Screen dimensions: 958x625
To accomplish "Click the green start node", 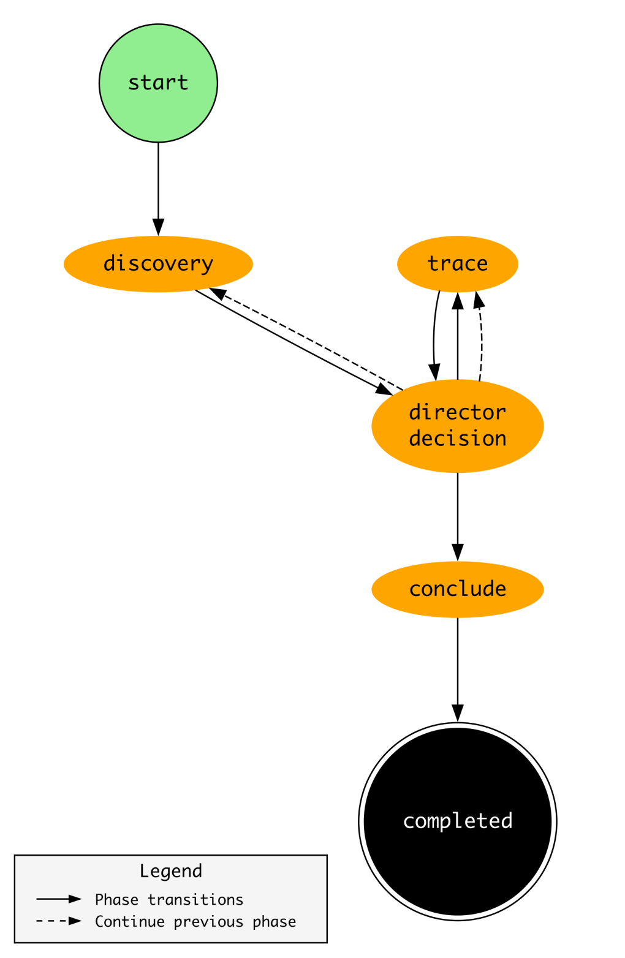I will point(158,83).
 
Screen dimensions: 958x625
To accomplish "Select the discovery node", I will point(158,263).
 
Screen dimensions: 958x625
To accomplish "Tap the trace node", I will point(457,263).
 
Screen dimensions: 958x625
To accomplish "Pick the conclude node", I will point(457,589).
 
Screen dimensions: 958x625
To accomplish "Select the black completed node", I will point(457,821).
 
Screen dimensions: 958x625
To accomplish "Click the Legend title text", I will point(170,870).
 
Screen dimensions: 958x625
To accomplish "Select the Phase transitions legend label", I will point(169,899).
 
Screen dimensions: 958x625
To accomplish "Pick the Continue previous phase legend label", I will point(195,921).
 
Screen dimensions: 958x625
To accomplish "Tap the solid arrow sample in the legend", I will point(58,899).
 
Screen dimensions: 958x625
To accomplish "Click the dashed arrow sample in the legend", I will point(58,921).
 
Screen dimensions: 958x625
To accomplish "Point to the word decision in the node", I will point(457,439).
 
